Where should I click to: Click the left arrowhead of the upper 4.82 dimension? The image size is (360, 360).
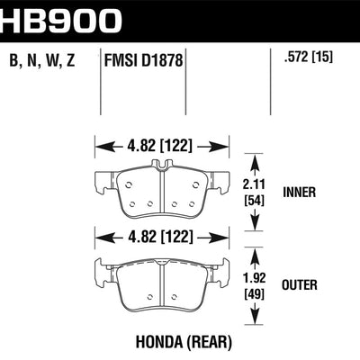point(98,143)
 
